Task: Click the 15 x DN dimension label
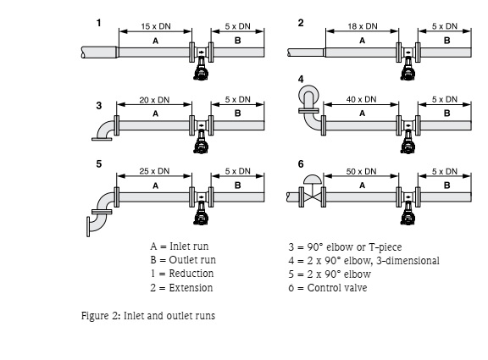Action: point(154,27)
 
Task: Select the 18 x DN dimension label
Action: point(362,27)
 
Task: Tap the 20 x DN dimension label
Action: point(154,100)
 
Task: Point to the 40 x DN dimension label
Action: point(362,100)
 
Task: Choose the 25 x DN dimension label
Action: point(154,171)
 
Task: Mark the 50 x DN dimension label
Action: point(362,171)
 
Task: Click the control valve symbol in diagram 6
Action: point(311,191)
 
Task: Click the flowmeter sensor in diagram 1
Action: point(202,64)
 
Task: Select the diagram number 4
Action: point(301,78)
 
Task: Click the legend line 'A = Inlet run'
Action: point(179,246)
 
